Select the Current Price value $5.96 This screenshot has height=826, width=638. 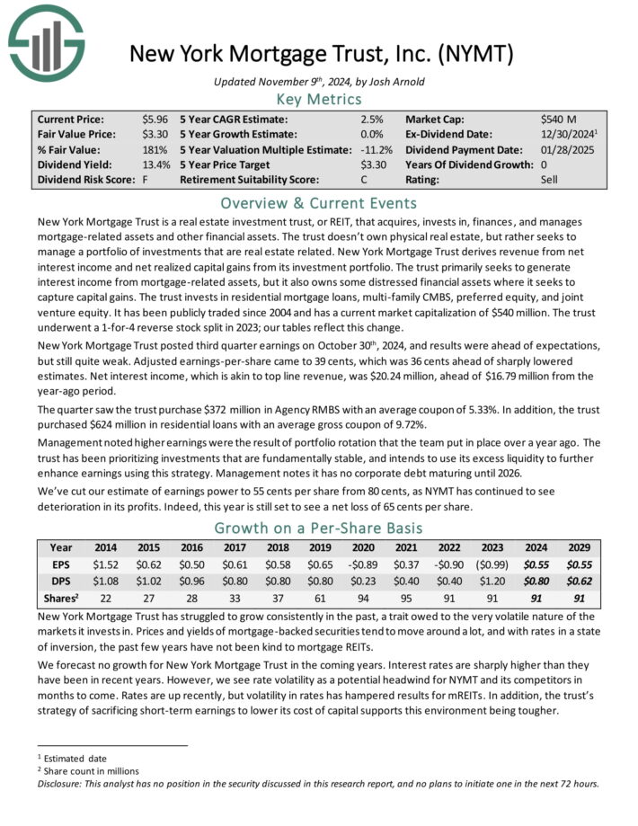[155, 119]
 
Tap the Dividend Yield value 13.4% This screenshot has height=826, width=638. [155, 164]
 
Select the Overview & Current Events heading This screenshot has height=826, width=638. [319, 201]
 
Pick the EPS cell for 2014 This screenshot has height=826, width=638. [108, 564]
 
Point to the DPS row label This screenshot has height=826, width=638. [61, 582]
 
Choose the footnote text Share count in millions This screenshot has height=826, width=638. [90, 771]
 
